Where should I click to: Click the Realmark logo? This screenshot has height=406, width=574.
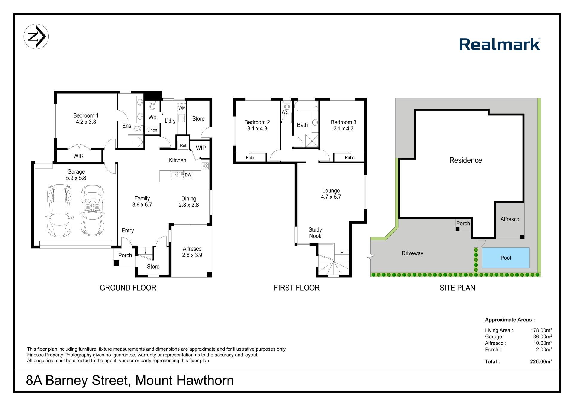(500, 44)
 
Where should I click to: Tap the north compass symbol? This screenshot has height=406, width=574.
(36, 37)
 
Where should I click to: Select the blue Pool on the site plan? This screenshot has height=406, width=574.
(506, 258)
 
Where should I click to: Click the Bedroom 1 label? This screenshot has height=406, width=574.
(86, 115)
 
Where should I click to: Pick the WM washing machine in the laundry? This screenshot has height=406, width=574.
(182, 108)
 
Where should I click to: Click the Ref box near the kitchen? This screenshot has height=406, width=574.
(183, 145)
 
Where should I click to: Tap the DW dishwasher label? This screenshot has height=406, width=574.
(188, 175)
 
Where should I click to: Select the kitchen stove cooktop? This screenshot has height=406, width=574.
(205, 165)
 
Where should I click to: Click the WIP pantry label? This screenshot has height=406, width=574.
(201, 148)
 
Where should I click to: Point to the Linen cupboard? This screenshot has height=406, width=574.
(152, 130)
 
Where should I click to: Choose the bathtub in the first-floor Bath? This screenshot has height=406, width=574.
(306, 106)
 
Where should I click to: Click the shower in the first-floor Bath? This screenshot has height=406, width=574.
(312, 141)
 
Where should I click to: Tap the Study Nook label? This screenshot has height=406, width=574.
(315, 233)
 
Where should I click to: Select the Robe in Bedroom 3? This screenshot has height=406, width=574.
(349, 157)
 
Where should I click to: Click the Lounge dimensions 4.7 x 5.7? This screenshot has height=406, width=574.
(331, 197)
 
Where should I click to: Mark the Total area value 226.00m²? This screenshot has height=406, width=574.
(541, 361)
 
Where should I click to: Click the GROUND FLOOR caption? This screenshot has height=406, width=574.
(128, 288)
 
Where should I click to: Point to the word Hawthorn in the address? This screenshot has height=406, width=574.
(205, 381)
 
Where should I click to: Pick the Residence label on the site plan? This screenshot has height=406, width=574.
(465, 160)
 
